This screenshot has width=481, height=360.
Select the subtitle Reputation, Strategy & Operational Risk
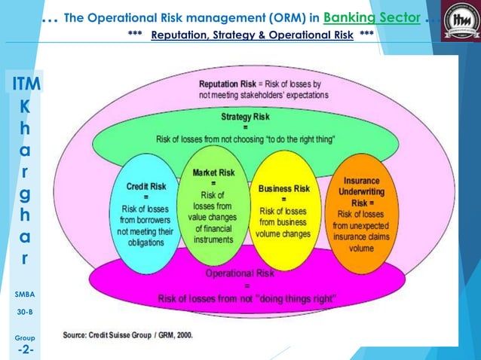252,35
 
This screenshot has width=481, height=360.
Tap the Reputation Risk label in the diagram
226,83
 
